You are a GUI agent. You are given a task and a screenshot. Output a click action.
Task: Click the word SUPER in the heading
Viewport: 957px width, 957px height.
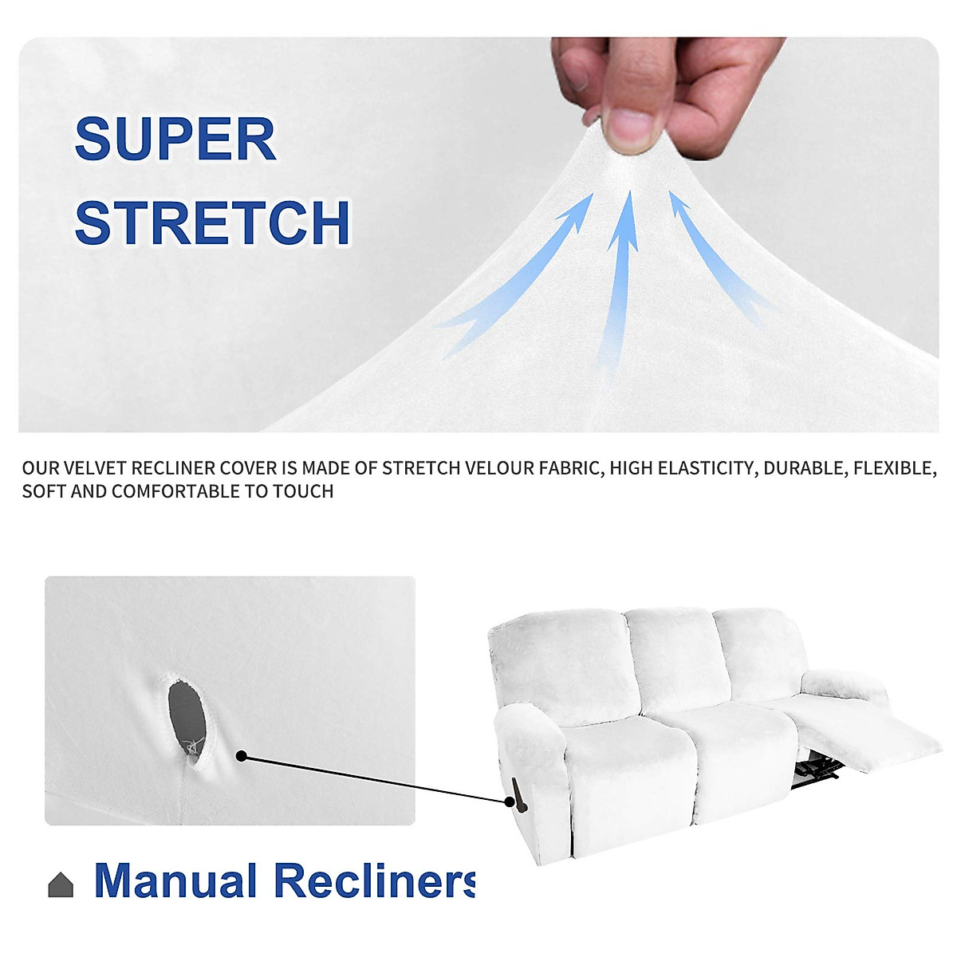175,140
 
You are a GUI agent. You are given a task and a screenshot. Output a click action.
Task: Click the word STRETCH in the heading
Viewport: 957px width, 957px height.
212,223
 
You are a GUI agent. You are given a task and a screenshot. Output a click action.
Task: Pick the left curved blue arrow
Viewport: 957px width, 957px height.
526,271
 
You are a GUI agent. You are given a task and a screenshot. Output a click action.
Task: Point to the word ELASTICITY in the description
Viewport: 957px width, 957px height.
708,468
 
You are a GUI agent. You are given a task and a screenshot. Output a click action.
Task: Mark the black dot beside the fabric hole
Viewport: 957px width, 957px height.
241,756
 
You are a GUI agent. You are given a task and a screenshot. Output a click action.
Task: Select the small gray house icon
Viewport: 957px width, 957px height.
61,884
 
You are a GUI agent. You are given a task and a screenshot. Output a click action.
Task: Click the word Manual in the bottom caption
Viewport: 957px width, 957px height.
175,880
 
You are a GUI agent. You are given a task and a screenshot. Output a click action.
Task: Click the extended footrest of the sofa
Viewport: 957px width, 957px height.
885,738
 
